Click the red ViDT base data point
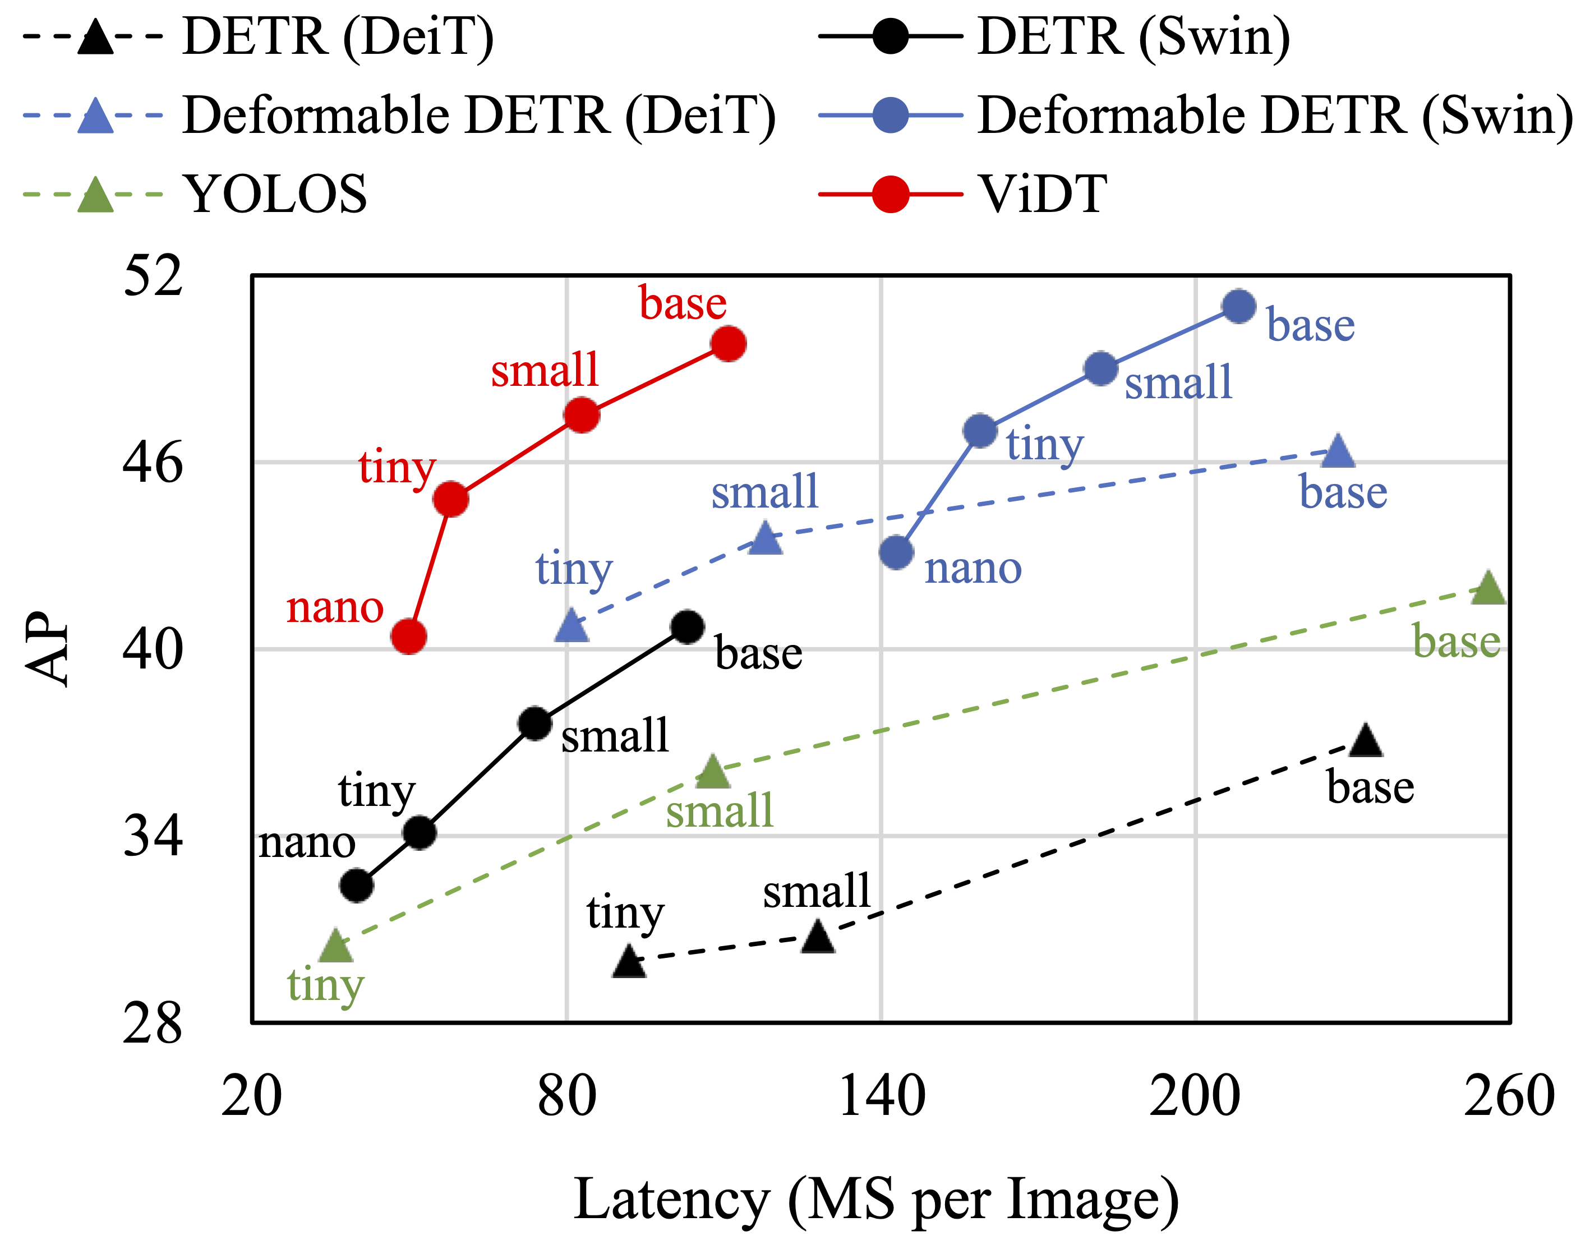coord(729,344)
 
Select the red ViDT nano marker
coord(408,637)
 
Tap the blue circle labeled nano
coord(896,552)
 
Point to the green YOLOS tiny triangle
coord(335,946)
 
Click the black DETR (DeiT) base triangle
coord(1366,740)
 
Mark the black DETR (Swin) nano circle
coord(357,886)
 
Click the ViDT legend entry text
coord(1043,195)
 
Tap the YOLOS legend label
coord(275,195)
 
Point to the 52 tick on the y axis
coord(152,276)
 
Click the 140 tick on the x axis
coord(882,1096)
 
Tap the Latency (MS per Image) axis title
coord(876,1198)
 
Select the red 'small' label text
coord(545,370)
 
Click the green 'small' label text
coord(719,810)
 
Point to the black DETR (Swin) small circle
coord(535,723)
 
